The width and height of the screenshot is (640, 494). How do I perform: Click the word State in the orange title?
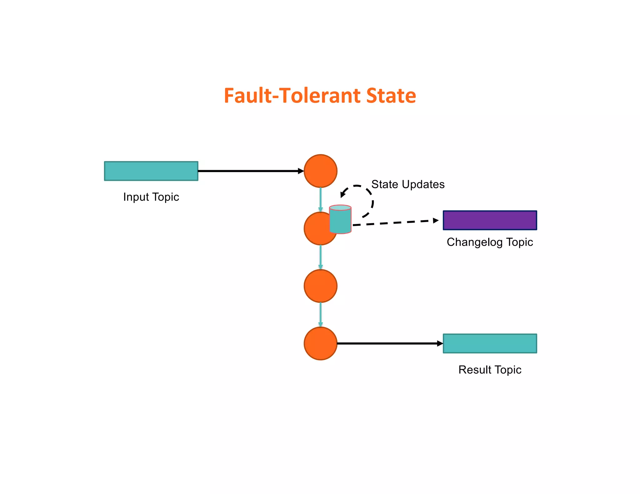pyautogui.click(x=391, y=96)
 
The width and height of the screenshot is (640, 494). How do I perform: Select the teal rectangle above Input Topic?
pyautogui.click(x=151, y=171)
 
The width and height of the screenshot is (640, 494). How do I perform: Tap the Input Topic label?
pyautogui.click(x=151, y=197)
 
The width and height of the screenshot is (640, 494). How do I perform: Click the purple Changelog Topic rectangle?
pyautogui.click(x=490, y=220)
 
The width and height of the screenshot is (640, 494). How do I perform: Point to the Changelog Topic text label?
pyautogui.click(x=490, y=242)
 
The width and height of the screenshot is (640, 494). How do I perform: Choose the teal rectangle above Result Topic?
pyautogui.click(x=490, y=343)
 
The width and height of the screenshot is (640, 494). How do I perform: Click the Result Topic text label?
pyautogui.click(x=490, y=370)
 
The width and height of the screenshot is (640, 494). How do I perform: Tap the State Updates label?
pyautogui.click(x=408, y=185)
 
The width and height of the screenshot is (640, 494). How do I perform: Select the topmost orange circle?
pyautogui.click(x=320, y=171)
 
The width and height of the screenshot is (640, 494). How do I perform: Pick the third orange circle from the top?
pyautogui.click(x=320, y=286)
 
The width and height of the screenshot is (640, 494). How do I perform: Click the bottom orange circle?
pyautogui.click(x=320, y=343)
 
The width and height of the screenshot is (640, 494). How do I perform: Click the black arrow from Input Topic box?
pyautogui.click(x=250, y=171)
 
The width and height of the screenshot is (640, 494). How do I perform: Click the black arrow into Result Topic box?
pyautogui.click(x=389, y=343)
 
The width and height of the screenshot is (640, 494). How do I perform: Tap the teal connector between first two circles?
pyautogui.click(x=320, y=199)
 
